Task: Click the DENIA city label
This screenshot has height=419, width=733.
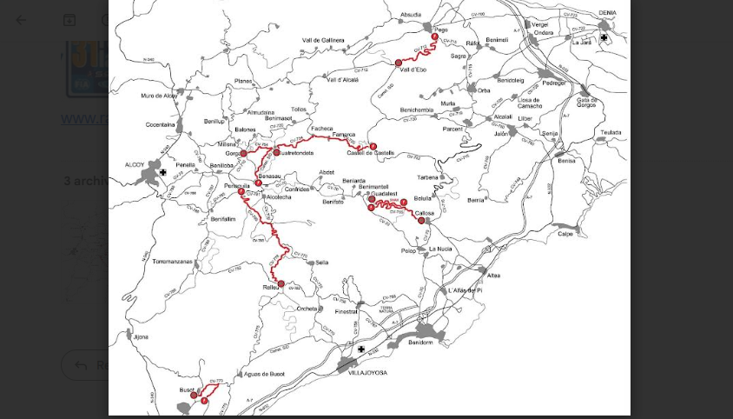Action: tap(607, 13)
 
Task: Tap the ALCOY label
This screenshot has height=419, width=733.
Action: tap(135, 163)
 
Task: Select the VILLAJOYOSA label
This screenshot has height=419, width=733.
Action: tap(362, 372)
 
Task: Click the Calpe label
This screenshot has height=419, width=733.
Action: tap(565, 233)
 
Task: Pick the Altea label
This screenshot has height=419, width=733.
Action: tap(493, 276)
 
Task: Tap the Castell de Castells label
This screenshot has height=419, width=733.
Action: tap(371, 153)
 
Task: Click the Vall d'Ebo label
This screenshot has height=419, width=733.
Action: tap(413, 70)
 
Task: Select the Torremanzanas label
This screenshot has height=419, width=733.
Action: tap(171, 261)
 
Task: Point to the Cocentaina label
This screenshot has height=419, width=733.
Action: tap(160, 124)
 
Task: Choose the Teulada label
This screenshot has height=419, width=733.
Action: tap(611, 133)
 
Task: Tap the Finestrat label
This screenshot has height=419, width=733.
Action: tap(346, 310)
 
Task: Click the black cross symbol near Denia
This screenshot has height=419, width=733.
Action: tap(604, 37)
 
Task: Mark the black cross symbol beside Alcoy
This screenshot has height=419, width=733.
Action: tap(163, 172)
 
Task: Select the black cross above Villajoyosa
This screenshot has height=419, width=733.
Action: tap(361, 349)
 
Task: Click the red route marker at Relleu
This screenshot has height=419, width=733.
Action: tap(281, 283)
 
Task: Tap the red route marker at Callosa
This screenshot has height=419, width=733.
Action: tap(421, 221)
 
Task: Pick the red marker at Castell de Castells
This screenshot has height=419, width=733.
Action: tap(373, 145)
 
